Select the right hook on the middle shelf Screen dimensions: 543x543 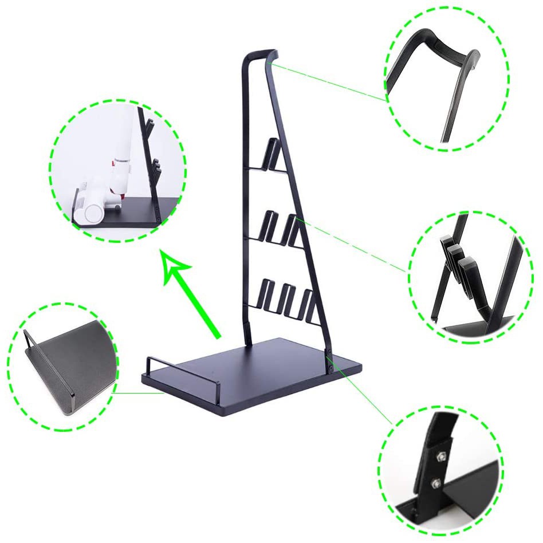(x=295, y=229)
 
